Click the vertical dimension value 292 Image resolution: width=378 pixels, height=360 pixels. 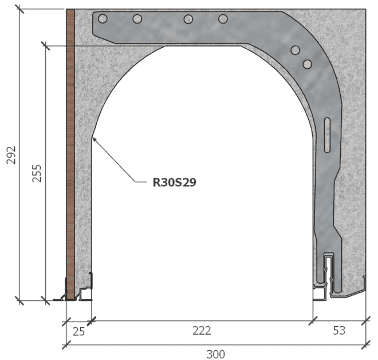coord(11,155)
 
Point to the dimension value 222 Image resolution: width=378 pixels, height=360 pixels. coord(202,331)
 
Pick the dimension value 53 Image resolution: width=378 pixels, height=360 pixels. coord(340,331)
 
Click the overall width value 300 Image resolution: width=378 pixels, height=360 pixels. coord(215,354)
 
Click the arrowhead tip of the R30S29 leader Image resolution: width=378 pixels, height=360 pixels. coord(92,137)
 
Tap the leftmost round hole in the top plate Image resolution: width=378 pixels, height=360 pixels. coord(103,19)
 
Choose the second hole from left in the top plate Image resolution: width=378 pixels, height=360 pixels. coord(137,19)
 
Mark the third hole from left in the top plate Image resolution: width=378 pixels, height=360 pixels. coord(188,19)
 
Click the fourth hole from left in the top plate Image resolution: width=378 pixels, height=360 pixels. coord(223,19)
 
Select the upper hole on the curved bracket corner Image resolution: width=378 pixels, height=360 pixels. coord(295,50)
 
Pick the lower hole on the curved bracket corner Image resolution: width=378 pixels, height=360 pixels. coord(307,63)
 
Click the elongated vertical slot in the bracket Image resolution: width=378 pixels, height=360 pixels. coord(326,135)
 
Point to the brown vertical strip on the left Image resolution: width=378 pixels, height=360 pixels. coord(70,155)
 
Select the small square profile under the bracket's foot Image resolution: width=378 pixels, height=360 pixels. coord(318,293)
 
